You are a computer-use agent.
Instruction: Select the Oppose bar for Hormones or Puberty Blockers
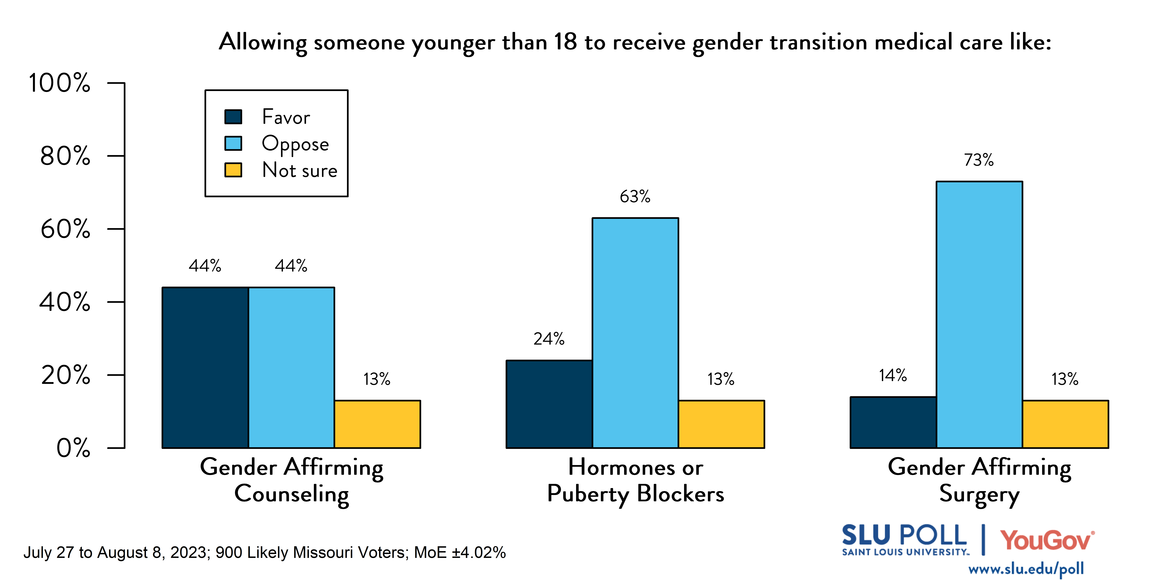[635, 333]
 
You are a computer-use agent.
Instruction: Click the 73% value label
[979, 160]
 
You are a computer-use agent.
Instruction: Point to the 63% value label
[635, 197]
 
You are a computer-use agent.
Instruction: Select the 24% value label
[549, 339]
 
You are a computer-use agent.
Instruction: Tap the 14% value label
[893, 375]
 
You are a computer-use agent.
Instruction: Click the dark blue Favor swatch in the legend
[233, 117]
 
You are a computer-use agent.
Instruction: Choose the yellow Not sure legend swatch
[233, 170]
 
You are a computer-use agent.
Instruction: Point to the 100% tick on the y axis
[60, 83]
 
